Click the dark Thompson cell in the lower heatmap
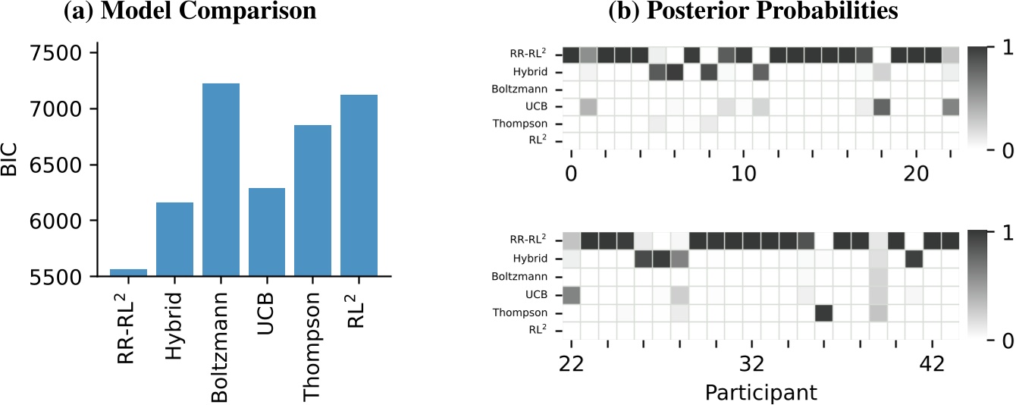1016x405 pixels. pyautogui.click(x=823, y=312)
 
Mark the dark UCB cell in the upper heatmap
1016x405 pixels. pyautogui.click(x=881, y=107)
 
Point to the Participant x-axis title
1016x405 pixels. pyautogui.click(x=760, y=392)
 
